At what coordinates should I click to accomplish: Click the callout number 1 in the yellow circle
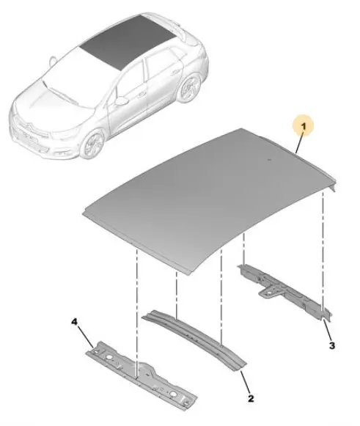304,126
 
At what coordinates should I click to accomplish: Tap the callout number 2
251,398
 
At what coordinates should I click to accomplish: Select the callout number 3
331,345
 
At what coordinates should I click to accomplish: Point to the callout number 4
74,322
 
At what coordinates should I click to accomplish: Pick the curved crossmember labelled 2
194,339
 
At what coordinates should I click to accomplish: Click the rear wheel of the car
190,87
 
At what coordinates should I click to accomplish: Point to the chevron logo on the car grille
32,127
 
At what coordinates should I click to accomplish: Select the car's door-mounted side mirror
121,100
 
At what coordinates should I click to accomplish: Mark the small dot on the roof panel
269,160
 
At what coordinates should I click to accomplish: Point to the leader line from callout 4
87,337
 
